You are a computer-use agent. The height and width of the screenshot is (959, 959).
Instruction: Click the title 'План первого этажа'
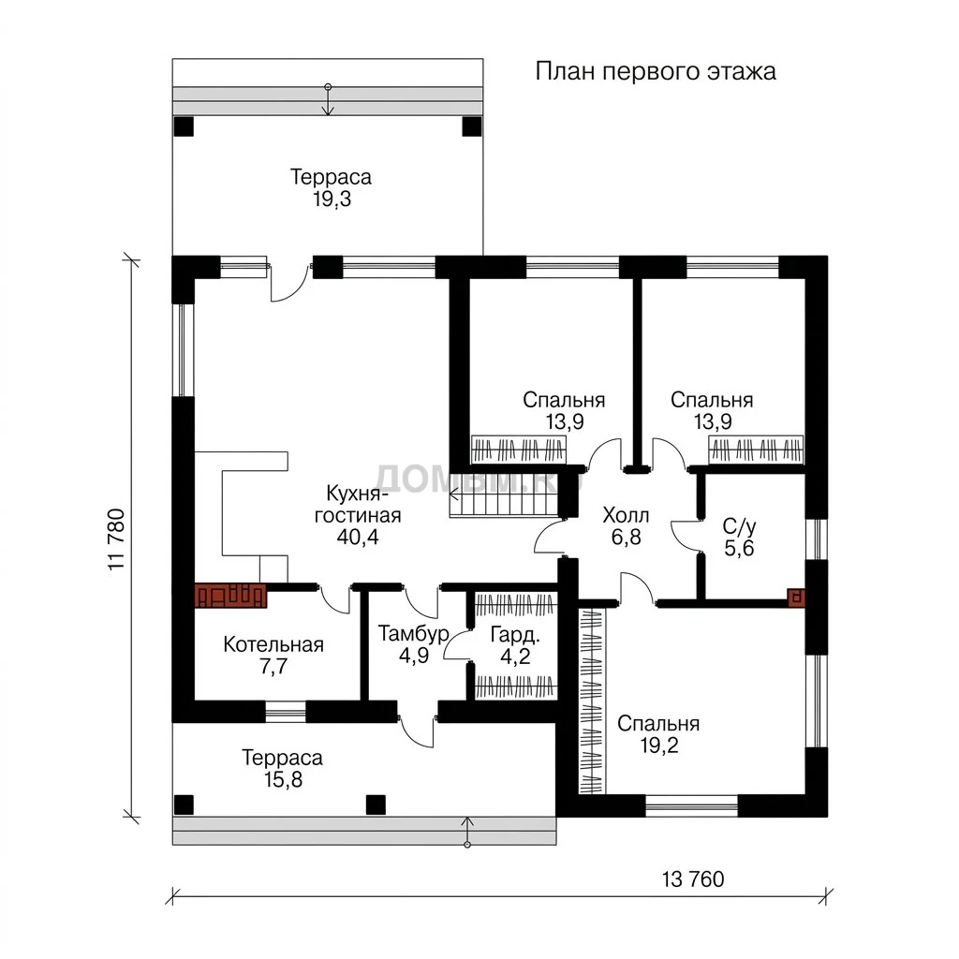tap(656, 72)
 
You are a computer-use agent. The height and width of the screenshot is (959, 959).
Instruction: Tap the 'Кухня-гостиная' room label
tap(358, 504)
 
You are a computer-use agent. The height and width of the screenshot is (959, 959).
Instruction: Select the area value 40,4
tap(358, 537)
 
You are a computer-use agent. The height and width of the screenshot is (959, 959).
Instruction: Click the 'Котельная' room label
tap(273, 644)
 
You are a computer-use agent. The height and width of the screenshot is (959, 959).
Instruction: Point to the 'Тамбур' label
tap(413, 634)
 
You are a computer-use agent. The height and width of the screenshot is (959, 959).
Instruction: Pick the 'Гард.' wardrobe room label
tap(515, 636)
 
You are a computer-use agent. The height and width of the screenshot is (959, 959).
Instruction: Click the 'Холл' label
tap(626, 515)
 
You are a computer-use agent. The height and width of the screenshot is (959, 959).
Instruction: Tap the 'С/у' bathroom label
tap(739, 526)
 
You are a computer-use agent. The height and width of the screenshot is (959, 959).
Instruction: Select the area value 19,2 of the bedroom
tap(659, 745)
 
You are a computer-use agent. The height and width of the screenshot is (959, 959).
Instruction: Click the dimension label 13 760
tap(693, 879)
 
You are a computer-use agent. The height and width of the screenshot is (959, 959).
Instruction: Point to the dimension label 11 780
tap(116, 539)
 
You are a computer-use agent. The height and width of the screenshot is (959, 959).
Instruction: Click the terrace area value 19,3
tap(332, 199)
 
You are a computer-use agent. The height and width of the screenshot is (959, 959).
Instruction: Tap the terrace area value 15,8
tap(283, 780)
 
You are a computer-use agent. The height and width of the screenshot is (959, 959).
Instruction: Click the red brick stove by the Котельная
tap(230, 596)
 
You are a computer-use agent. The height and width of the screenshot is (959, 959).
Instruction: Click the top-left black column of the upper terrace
tap(184, 126)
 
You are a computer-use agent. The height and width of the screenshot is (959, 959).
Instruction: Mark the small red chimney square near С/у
tap(796, 597)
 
